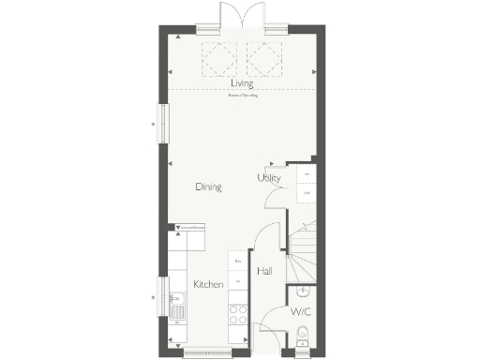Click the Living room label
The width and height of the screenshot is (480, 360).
click(242, 84)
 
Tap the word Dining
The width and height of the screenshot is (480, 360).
click(208, 187)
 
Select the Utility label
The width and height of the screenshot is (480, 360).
click(269, 178)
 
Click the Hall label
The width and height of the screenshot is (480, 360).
click(264, 271)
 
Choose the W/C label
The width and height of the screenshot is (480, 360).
click(301, 311)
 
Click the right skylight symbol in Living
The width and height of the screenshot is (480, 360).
click(262, 60)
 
